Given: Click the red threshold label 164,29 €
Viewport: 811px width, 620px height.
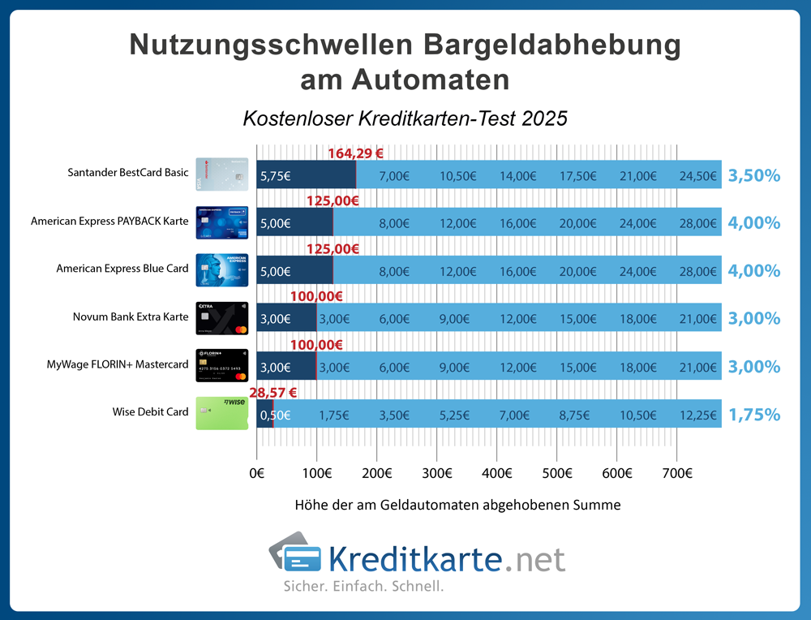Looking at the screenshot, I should point(355,153).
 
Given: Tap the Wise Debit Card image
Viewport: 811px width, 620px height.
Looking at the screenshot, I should point(221,413).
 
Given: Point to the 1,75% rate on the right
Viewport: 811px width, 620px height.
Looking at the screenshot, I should point(753,415).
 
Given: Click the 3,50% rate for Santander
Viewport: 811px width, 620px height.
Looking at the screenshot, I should point(753,174).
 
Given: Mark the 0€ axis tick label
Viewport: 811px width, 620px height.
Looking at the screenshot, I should point(257,473).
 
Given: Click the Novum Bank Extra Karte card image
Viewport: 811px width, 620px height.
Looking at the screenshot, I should point(221,318).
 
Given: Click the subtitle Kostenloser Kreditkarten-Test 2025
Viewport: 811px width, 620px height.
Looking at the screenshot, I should point(405,118).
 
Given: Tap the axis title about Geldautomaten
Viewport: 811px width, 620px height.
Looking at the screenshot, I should point(458,505).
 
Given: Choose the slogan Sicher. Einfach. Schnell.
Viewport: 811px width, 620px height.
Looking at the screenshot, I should point(363,586).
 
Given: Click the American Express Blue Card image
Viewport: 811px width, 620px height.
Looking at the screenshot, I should point(221,269).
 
